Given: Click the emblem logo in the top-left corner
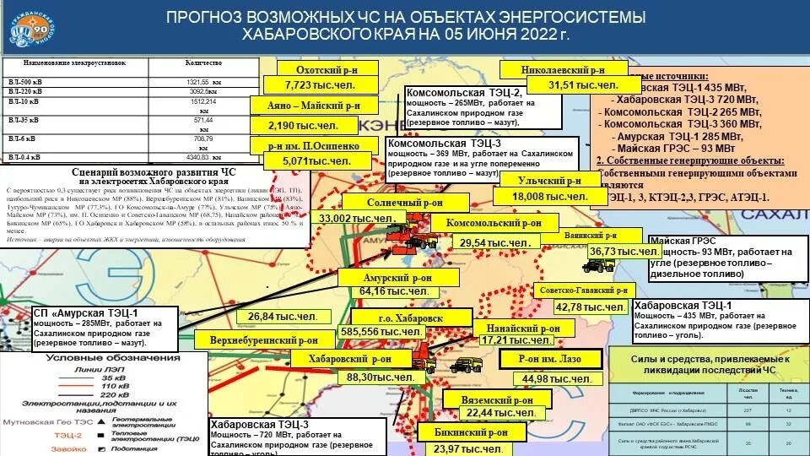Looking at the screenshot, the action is click(28, 28).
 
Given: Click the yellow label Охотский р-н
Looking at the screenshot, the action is click(316, 68).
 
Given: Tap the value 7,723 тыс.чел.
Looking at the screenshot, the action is click(308, 85).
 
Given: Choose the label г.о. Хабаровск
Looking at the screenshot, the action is click(410, 316).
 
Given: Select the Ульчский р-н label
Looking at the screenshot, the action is click(551, 181).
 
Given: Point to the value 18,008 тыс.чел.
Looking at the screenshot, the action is click(549, 197).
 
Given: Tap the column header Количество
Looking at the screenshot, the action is click(202, 63).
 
